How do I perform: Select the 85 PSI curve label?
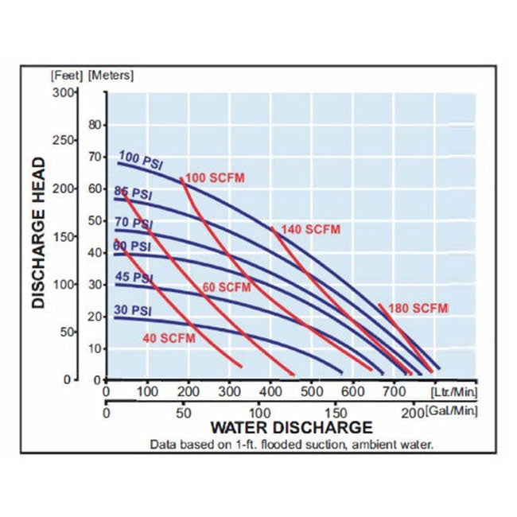coord(133,193)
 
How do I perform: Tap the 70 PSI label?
coord(131,225)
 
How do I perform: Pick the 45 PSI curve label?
coord(132,278)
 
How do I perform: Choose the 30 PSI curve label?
coord(132,311)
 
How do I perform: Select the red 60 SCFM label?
coord(227,286)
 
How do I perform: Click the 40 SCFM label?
coord(169,339)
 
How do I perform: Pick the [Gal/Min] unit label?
coord(451,410)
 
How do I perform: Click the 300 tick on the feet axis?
coord(62,92)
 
